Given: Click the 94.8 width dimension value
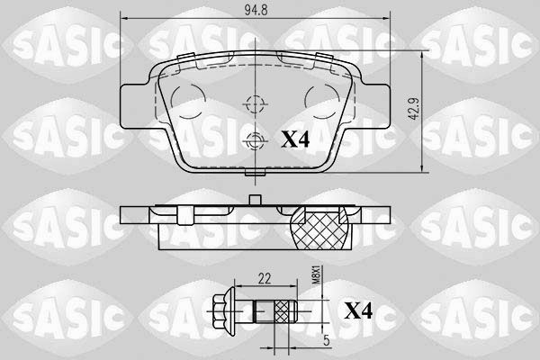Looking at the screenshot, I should (255, 11).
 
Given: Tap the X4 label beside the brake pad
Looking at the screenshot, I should (297, 139).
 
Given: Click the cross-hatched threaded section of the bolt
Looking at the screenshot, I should (285, 312).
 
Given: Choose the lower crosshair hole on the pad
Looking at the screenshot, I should (255, 139).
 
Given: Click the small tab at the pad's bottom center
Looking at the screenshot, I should (256, 173).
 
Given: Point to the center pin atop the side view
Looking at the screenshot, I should (256, 202).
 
